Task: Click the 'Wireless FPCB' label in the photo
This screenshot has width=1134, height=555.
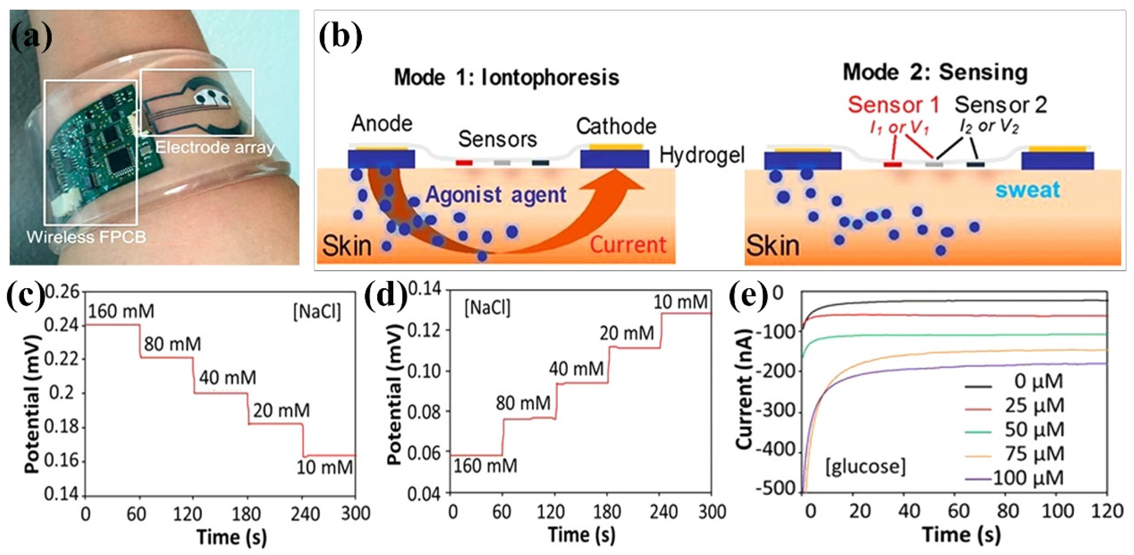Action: pos(86,237)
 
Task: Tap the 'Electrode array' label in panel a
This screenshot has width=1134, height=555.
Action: pos(215,147)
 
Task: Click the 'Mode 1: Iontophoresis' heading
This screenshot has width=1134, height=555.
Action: pos(506,78)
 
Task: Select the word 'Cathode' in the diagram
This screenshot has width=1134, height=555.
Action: pos(616,127)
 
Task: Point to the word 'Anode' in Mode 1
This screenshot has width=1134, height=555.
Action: pos(382,124)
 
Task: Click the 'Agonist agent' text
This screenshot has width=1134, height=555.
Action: pos(496,195)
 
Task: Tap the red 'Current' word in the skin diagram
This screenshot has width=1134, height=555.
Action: pos(628,245)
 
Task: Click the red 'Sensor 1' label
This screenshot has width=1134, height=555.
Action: pos(893,105)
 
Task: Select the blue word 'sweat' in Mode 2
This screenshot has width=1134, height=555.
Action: pos(1027,190)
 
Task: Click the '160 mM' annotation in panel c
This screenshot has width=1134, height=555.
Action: pos(121,311)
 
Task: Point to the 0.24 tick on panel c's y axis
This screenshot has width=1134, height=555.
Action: pos(62,326)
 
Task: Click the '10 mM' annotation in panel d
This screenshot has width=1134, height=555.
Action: pos(680,302)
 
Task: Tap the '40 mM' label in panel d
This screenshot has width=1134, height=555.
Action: pos(576,368)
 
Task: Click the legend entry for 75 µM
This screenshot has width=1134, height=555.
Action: pos(1034,453)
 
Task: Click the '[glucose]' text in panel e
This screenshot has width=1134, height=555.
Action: pos(865,466)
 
